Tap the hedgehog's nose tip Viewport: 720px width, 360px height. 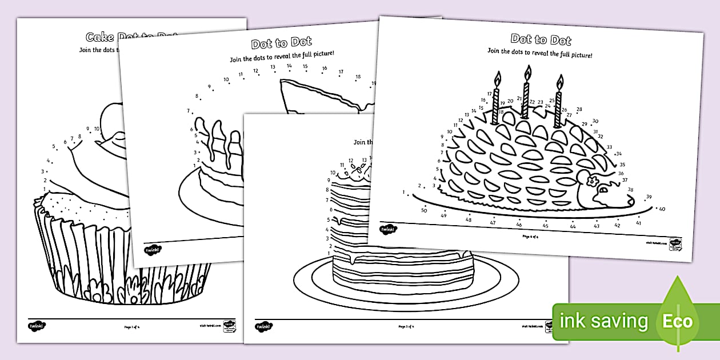tap(630, 202)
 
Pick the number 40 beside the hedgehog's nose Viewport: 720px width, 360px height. tap(662, 209)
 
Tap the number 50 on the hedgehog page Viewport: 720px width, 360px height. tap(424, 211)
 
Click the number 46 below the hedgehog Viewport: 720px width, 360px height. tap(519, 225)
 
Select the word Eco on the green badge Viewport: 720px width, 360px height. tap(678, 321)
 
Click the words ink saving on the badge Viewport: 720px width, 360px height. tap(605, 321)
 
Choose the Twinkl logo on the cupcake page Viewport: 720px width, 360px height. tap(36, 326)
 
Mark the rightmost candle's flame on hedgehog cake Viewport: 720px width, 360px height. tap(560, 82)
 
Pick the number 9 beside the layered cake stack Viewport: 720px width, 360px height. tap(329, 181)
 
